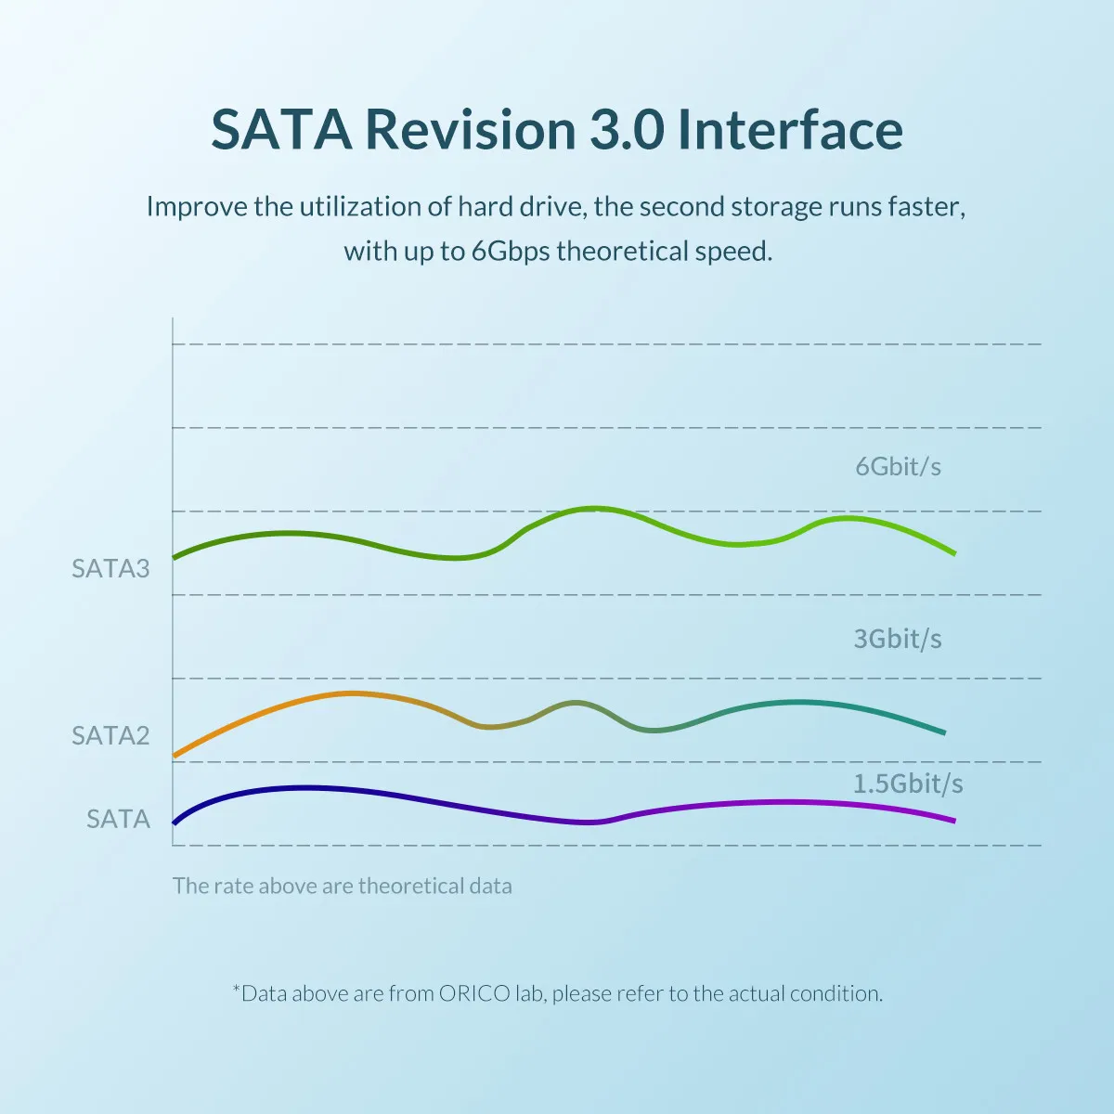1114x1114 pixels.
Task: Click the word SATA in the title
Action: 281,130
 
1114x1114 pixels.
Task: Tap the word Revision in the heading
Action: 471,130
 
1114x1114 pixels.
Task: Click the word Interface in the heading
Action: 791,130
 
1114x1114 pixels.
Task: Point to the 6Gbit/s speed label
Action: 898,466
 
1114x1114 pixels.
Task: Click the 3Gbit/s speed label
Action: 898,639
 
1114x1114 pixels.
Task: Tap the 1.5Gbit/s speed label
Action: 908,784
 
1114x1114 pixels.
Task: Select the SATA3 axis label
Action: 110,568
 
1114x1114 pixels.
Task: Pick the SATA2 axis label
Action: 110,735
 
